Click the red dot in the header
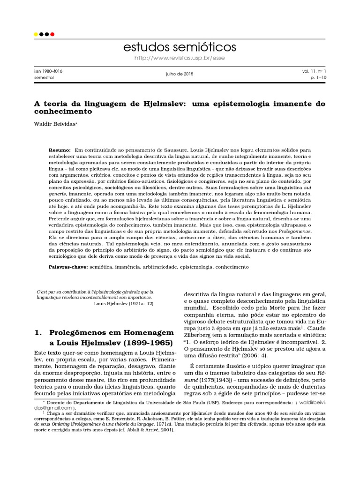point(52,34)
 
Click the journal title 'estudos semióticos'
point(180,47)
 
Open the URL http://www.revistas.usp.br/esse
point(180,58)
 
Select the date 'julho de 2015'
point(180,74)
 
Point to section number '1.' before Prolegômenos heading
point(39,332)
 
